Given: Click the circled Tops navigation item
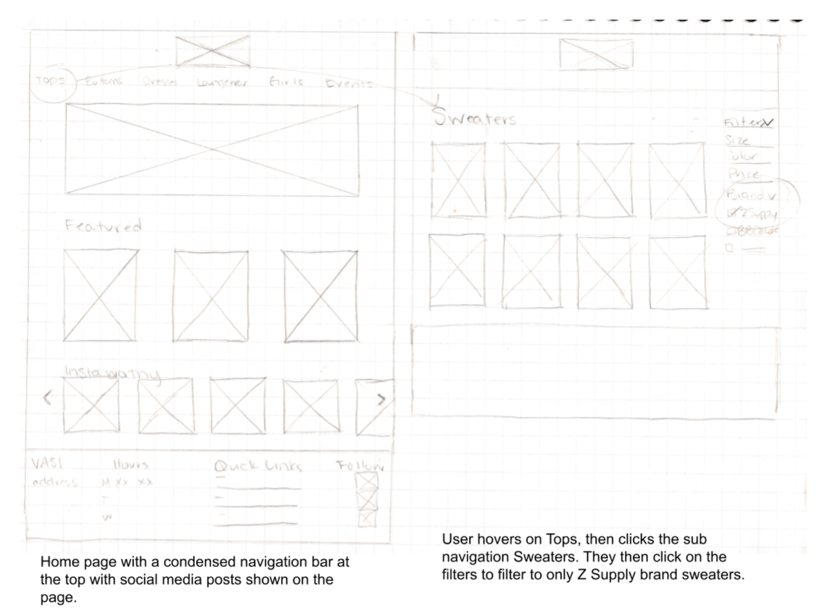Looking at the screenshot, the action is point(50,81).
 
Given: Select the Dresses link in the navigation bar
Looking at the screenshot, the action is point(160,82).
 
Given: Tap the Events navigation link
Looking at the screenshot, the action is point(349,83).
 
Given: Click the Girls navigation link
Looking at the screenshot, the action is point(286,82).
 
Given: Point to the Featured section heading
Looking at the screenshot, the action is point(103,225).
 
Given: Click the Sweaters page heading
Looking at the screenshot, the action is point(474,118).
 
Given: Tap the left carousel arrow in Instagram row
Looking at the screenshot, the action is point(48,398).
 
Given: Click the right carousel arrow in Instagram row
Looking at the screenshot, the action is point(381,399).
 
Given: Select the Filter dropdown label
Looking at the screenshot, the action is point(748,123).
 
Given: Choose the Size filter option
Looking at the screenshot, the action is point(737,140).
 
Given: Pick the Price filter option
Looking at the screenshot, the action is point(743,175).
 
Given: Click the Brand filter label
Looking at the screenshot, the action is point(746,194).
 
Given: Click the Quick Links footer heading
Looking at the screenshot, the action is point(258,466).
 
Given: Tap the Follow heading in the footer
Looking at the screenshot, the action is point(360,466).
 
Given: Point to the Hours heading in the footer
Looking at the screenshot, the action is point(130,465).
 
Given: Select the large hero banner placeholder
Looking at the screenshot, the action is point(212,149).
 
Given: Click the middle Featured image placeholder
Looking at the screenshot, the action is point(211,296).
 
